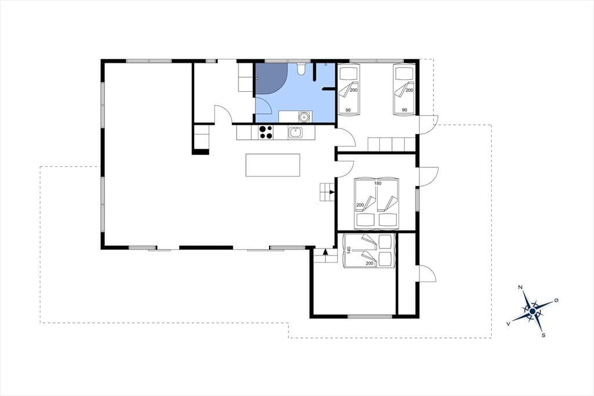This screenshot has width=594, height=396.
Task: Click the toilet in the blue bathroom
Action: coord(301,69)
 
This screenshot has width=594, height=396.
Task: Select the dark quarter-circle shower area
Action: coord(270,78)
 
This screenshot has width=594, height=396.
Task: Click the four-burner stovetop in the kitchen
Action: coord(266,132)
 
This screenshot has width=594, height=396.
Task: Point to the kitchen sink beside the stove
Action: coord(295,132)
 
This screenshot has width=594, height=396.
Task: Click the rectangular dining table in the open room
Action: coord(273,165)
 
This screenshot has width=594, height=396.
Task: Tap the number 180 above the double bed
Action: coord(378,183)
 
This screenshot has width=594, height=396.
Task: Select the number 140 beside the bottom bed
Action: coord(349,250)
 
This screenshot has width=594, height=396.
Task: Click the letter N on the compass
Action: coord(520,287)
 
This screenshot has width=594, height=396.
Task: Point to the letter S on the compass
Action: coord(543,335)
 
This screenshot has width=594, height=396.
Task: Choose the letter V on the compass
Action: coord(508,323)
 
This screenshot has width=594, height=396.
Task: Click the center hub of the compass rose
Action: coord(533,311)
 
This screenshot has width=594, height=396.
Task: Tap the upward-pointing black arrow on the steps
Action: coord(325,251)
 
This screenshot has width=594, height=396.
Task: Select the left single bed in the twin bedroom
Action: coord(349,90)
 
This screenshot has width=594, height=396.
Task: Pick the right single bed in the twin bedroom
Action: coord(404,90)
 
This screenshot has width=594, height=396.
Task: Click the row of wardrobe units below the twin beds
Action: coord(392,145)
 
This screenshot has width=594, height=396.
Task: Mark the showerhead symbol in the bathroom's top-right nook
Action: coord(326,64)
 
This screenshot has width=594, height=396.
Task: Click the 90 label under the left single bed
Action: coord(348,110)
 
